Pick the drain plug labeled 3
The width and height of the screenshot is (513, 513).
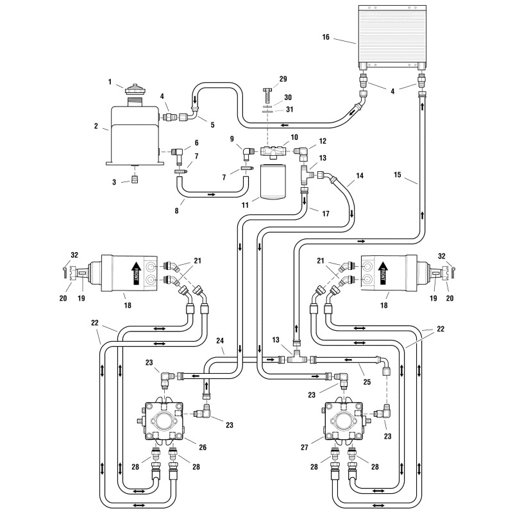pos(135,180)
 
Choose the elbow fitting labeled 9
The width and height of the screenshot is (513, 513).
pos(247,151)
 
